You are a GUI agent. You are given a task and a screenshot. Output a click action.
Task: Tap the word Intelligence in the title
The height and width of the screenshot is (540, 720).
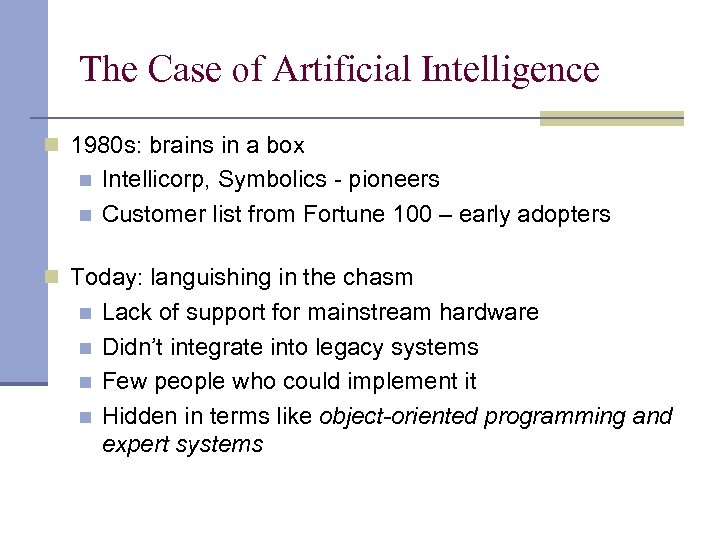(511, 69)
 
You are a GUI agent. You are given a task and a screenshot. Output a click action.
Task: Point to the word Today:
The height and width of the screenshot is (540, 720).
(103, 277)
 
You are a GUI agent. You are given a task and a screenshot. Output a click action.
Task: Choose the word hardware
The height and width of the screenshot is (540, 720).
(488, 312)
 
